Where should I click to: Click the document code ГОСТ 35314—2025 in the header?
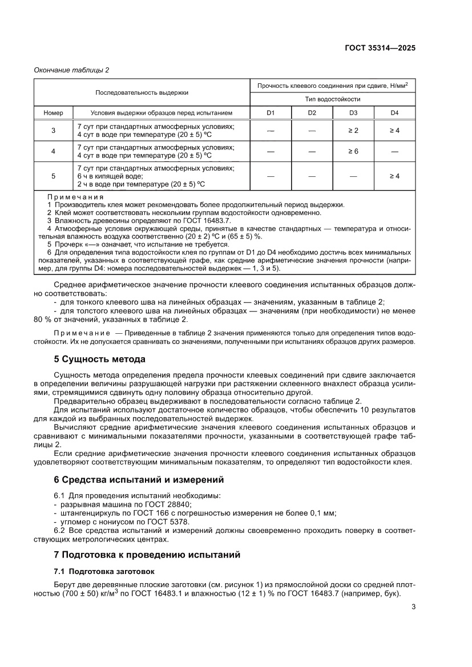(x=379, y=48)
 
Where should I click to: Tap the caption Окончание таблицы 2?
(x=71, y=70)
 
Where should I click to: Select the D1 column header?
(x=271, y=112)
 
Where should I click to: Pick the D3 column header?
(x=353, y=112)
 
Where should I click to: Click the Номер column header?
(x=54, y=112)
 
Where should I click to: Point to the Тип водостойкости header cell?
(x=333, y=99)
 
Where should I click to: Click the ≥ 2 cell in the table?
(x=353, y=131)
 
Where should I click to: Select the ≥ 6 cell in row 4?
(x=353, y=151)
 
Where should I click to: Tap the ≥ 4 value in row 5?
(x=394, y=176)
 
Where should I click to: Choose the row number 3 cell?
(x=54, y=131)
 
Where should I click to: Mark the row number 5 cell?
(x=54, y=176)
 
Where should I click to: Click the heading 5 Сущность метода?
(x=99, y=359)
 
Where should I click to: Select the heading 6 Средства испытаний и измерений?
(x=139, y=479)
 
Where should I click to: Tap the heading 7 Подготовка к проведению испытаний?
(x=147, y=554)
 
